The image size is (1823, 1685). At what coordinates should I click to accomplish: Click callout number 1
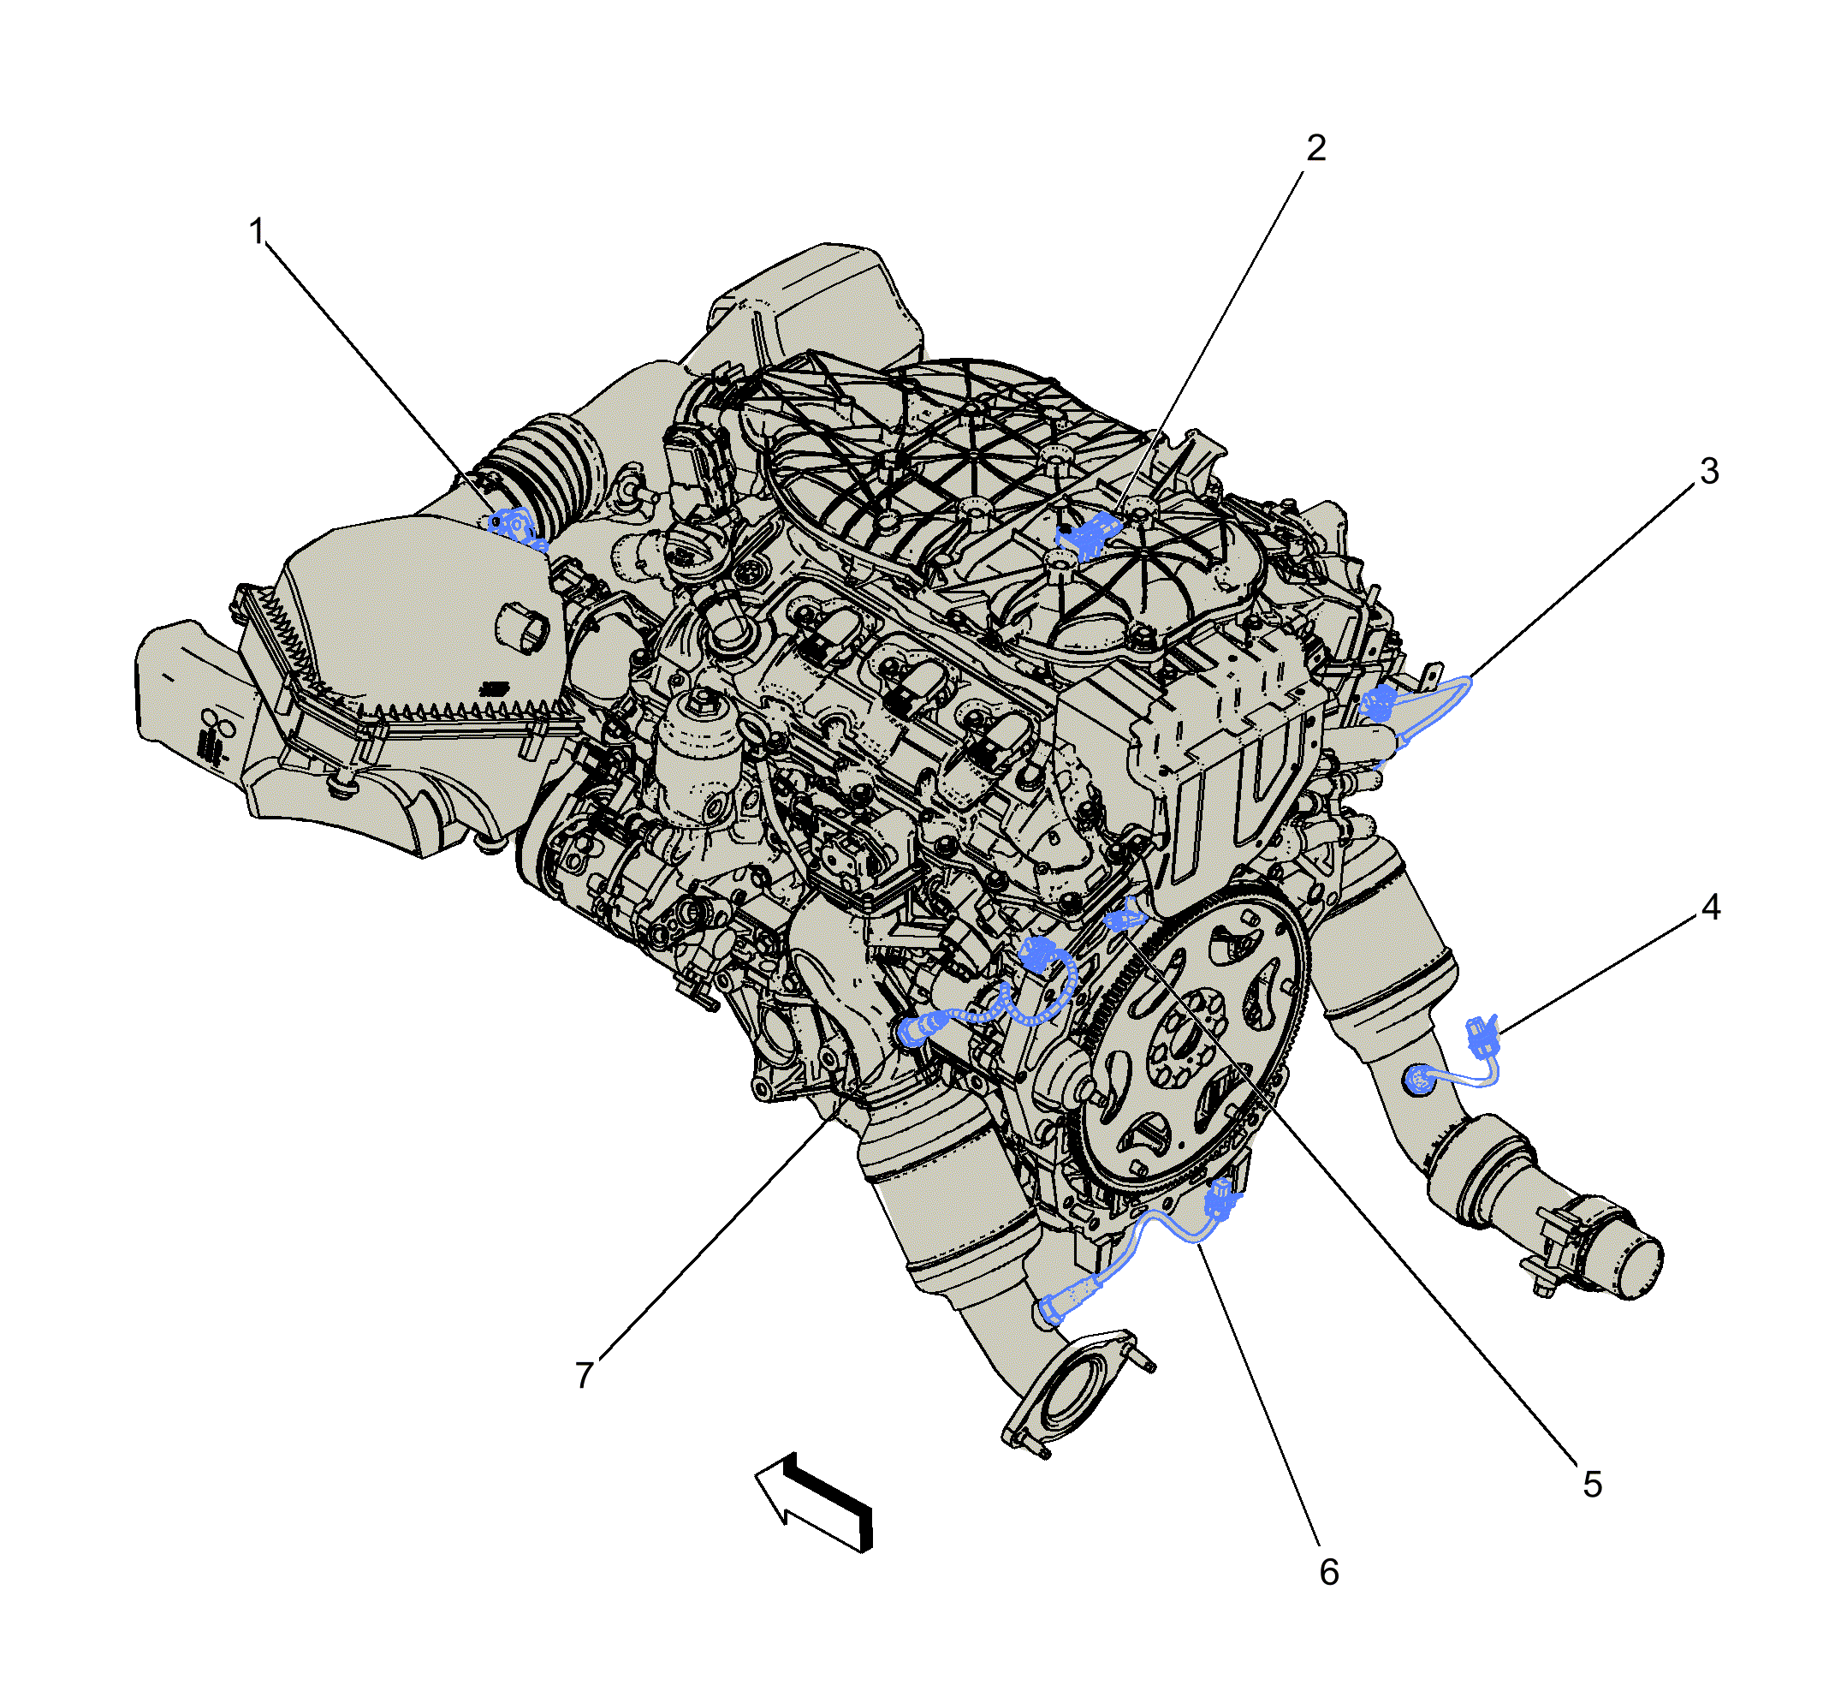pyautogui.click(x=257, y=231)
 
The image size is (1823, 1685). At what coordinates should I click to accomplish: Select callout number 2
pyautogui.click(x=1316, y=148)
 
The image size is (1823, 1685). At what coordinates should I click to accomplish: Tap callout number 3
pyautogui.click(x=1710, y=472)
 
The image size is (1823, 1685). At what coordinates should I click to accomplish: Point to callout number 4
pyautogui.click(x=1711, y=908)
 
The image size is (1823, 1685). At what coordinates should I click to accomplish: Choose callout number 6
pyautogui.click(x=1330, y=1572)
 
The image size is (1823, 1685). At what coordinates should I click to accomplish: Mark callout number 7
pyautogui.click(x=585, y=1375)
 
